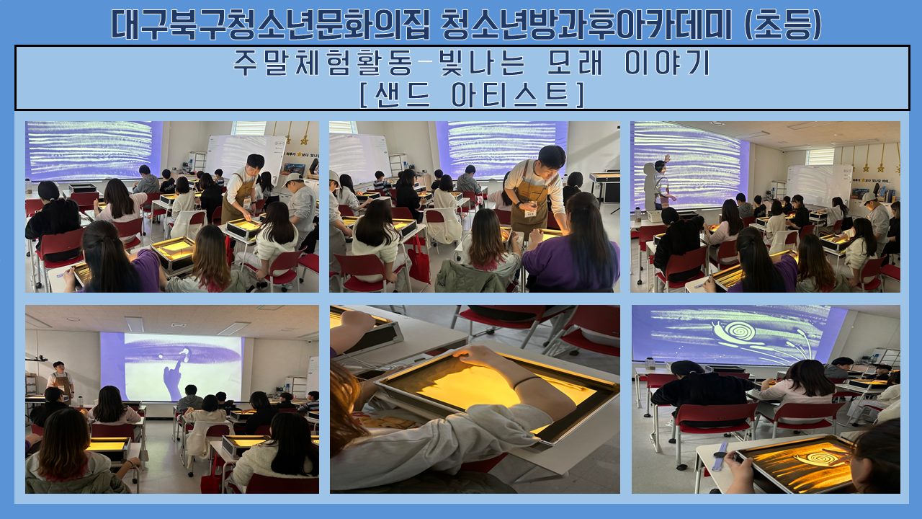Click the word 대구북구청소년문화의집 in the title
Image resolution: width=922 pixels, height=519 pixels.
click(270, 25)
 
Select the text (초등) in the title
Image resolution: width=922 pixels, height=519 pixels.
click(783, 25)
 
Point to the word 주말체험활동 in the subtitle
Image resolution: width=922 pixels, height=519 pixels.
click(323, 63)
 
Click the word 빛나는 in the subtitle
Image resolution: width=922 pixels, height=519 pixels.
click(483, 63)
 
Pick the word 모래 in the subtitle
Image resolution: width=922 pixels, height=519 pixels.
click(575, 63)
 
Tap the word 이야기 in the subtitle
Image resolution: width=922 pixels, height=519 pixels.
click(667, 63)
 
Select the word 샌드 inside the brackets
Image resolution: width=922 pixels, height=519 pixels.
click(402, 94)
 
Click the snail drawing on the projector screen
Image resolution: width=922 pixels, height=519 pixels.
click(737, 332)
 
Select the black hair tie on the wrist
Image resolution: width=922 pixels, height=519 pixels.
click(527, 381)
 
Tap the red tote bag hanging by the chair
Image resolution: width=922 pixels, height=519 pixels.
click(419, 259)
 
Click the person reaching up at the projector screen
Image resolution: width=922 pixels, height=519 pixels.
click(661, 183)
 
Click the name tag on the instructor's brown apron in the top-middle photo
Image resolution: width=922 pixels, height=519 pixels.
click(530, 213)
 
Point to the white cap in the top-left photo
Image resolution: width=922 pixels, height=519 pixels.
click(292, 179)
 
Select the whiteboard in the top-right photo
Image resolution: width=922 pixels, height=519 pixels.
click(819, 184)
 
